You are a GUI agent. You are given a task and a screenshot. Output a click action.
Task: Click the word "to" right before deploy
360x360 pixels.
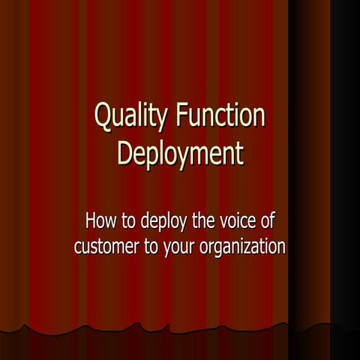point(128,222)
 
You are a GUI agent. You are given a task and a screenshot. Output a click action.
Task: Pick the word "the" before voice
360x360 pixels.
point(200,222)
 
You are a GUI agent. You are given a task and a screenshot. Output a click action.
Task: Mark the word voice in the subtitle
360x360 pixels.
point(235,222)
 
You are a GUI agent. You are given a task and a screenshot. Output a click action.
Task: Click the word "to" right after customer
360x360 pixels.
point(152,247)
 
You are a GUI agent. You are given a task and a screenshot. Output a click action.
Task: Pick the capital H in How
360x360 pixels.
point(91,221)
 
